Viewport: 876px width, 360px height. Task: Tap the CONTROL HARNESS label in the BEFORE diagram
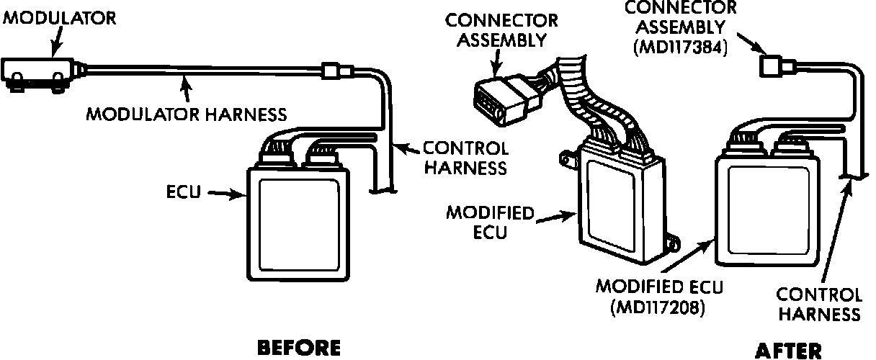465,158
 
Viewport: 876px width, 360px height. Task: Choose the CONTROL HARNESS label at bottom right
821,305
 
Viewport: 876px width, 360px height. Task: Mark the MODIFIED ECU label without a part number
490,222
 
